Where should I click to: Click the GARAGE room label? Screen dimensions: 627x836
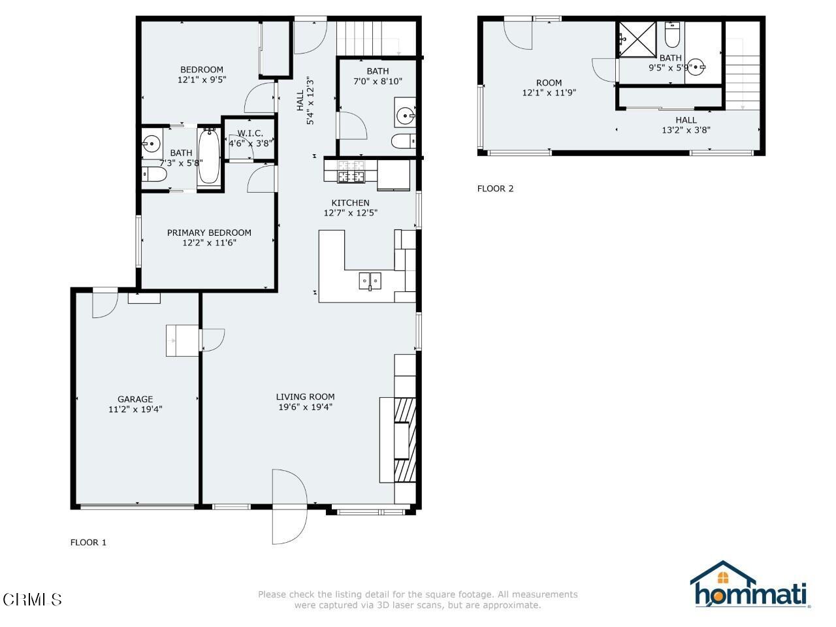135,399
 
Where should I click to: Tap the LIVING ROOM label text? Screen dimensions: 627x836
305,396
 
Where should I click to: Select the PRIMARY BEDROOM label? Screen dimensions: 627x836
209,233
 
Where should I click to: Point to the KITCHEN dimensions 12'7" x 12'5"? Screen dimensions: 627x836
351,213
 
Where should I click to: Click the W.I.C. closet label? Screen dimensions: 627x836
250,133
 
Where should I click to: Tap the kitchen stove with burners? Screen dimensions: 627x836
351,172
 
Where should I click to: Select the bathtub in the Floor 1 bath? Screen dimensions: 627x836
209,155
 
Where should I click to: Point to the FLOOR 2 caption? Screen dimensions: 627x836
495,189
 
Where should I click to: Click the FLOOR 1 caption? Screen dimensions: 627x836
88,542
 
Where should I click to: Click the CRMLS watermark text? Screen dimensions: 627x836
32,598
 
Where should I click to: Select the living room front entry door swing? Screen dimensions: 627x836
289,506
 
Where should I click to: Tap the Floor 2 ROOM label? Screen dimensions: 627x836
549,83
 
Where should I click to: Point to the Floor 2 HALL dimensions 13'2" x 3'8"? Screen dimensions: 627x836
686,130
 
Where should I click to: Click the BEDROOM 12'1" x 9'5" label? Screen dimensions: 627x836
202,70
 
